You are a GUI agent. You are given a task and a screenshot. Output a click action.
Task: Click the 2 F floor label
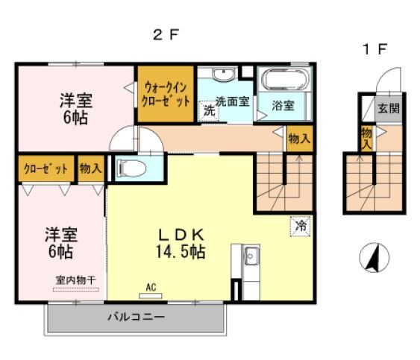pyautogui.click(x=167, y=34)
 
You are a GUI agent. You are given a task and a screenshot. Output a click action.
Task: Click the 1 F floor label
pyautogui.click(x=374, y=50)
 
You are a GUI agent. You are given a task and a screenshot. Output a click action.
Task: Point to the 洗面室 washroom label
pyautogui.click(x=232, y=101)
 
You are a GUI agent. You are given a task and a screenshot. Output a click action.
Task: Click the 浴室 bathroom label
pyautogui.click(x=283, y=106)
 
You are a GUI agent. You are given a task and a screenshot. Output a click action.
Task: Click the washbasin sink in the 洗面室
pyautogui.click(x=222, y=75)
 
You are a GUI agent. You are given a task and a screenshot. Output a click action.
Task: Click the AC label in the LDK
pyautogui.click(x=151, y=286)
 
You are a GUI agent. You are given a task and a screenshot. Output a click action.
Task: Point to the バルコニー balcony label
pyautogui.click(x=135, y=316)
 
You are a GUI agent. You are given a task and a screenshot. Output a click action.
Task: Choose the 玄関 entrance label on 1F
pyautogui.click(x=388, y=107)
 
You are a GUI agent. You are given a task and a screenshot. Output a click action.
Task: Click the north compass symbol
pyautogui.click(x=374, y=258)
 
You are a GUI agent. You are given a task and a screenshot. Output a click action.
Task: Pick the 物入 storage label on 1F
pyautogui.click(x=367, y=138)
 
